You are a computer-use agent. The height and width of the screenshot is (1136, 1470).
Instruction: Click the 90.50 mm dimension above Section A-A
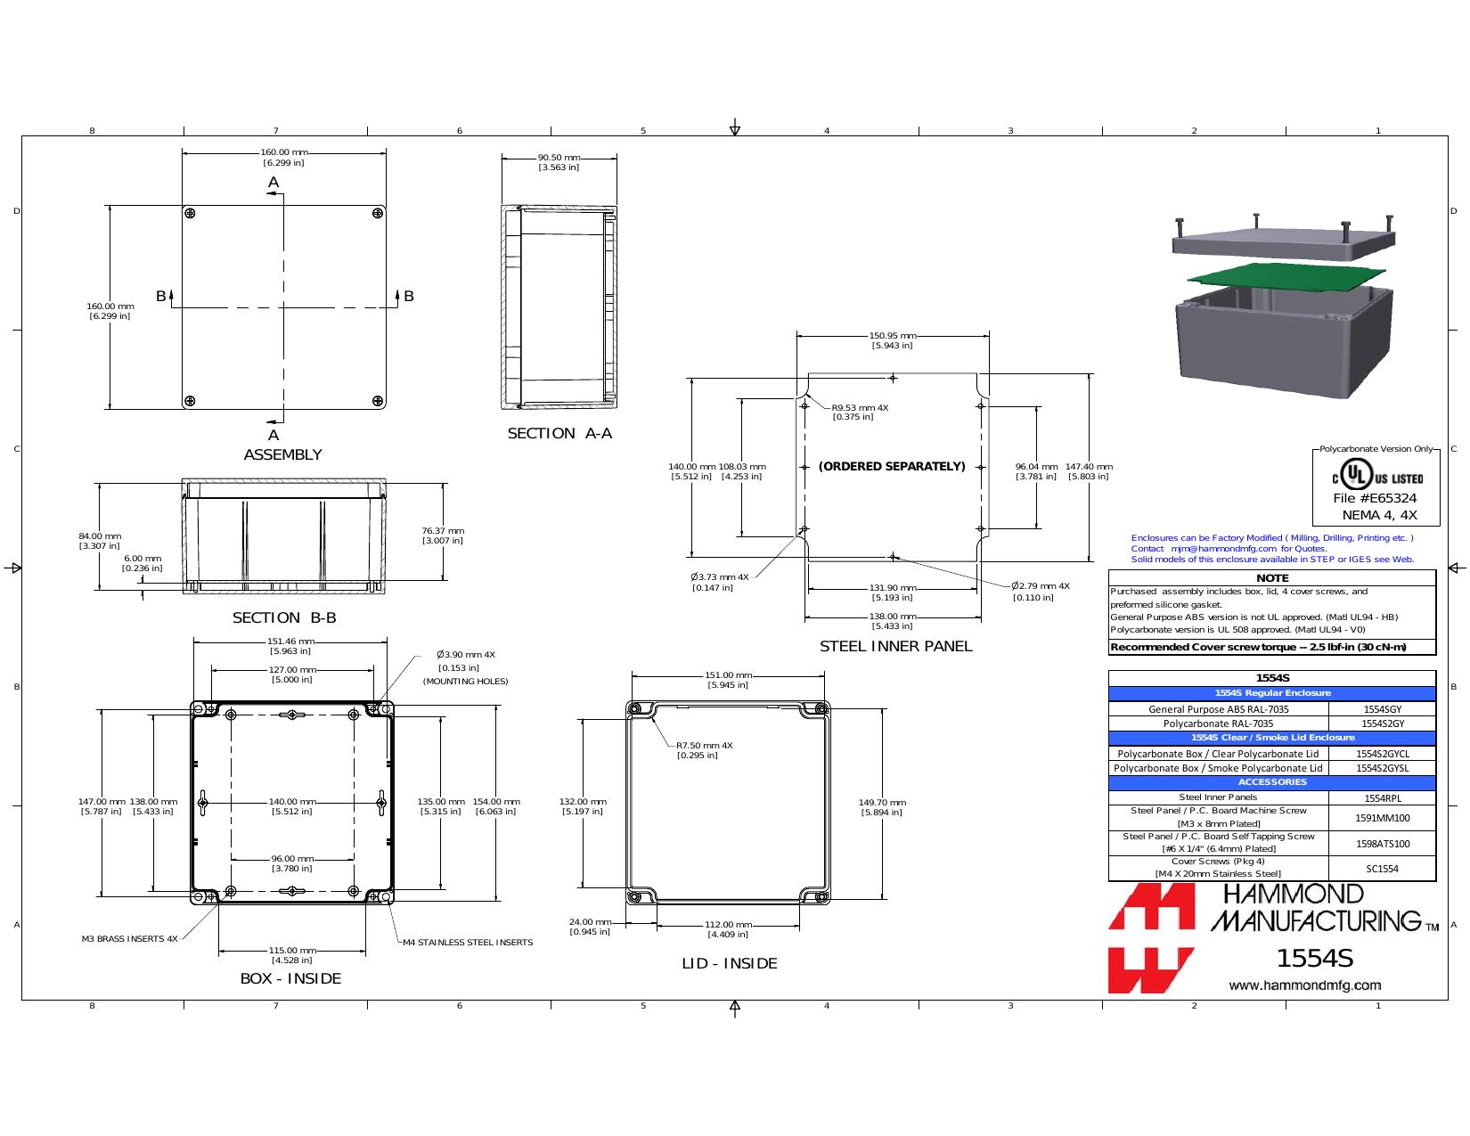(x=559, y=162)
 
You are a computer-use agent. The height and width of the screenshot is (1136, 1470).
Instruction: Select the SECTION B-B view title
(x=284, y=617)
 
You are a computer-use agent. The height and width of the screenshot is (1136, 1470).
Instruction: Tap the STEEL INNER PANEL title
(x=895, y=646)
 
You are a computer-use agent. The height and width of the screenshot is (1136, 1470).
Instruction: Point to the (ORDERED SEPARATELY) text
(x=892, y=466)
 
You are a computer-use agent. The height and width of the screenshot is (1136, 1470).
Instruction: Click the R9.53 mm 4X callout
(x=859, y=412)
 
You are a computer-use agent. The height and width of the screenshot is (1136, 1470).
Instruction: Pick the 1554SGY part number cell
(x=1382, y=709)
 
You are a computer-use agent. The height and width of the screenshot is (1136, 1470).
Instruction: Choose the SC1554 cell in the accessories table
(x=1382, y=869)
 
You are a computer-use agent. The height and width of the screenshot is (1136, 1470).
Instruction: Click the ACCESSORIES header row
(x=1272, y=782)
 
